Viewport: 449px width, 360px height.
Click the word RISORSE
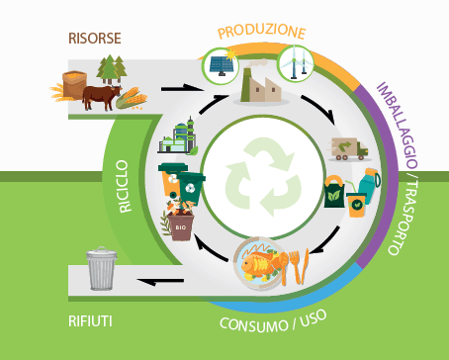pyautogui.click(x=95, y=39)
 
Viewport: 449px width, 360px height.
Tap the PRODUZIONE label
pyautogui.click(x=261, y=32)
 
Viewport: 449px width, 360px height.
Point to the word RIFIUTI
pyautogui.click(x=90, y=321)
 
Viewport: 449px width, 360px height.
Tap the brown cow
pyautogui.click(x=99, y=96)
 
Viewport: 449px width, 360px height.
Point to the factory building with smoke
pyautogui.click(x=260, y=90)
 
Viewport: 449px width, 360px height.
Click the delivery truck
pyautogui.click(x=348, y=148)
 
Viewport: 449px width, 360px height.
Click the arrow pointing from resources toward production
pyautogui.click(x=178, y=88)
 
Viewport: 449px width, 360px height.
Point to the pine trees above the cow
pyautogui.click(x=112, y=69)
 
